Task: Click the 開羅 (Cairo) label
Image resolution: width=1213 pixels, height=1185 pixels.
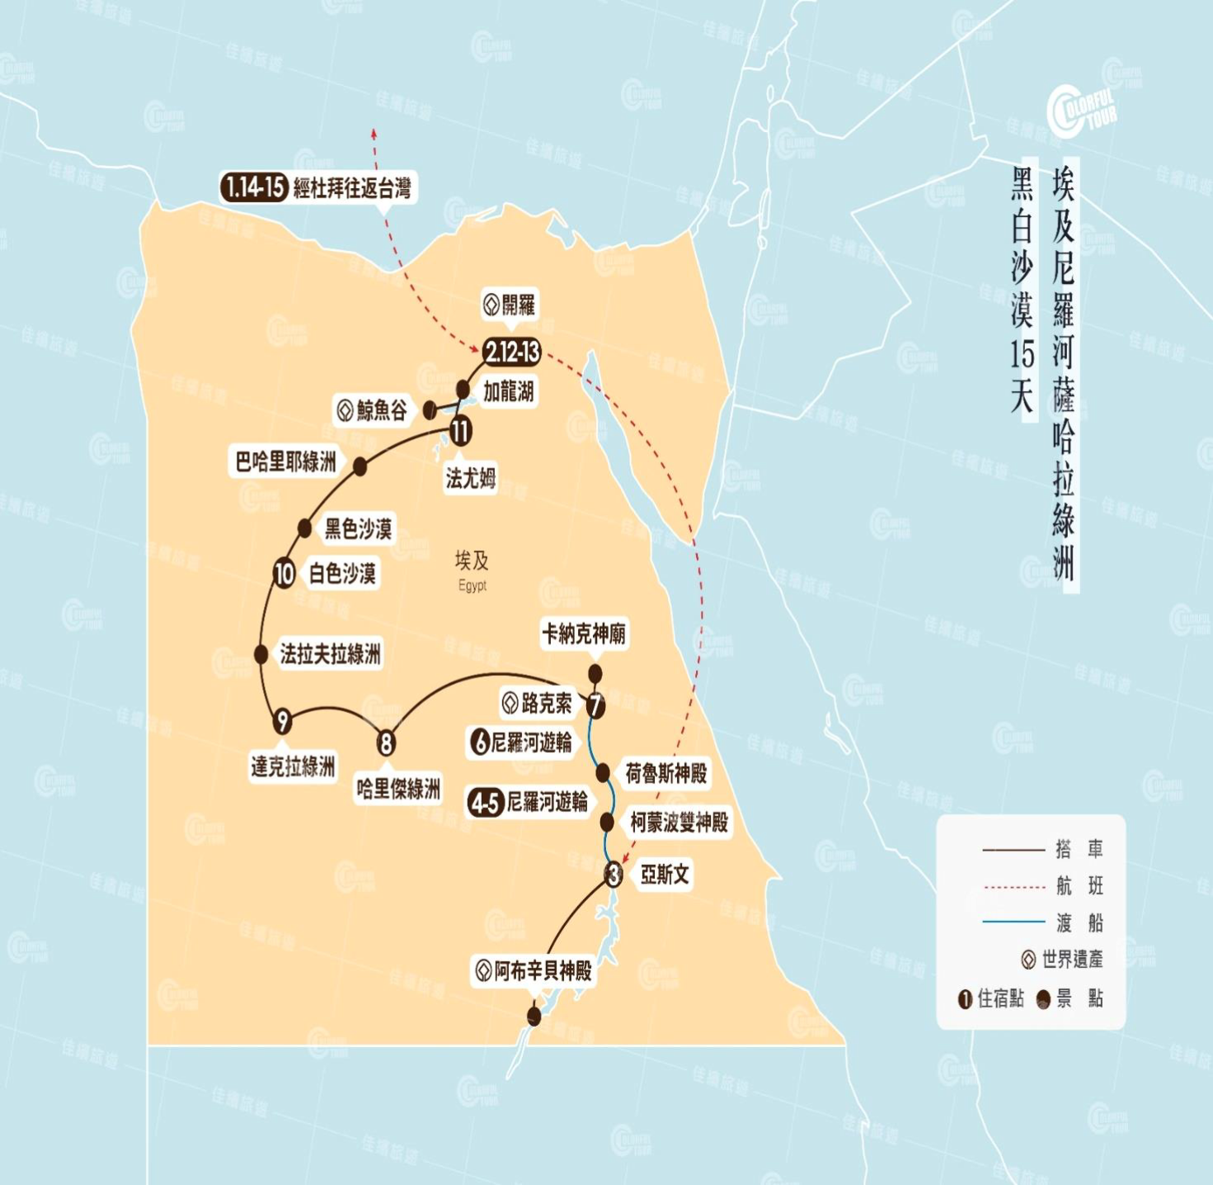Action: (510, 305)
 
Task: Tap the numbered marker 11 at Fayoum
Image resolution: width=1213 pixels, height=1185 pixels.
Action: (460, 430)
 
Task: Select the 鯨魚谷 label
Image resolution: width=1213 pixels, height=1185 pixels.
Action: (372, 410)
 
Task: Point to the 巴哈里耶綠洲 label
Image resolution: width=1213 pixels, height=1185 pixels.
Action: (285, 461)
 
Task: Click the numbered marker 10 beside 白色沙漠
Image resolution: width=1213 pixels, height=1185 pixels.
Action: (284, 574)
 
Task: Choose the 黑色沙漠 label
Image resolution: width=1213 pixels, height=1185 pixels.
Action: (358, 528)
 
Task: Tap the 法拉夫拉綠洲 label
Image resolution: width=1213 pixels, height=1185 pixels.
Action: (330, 654)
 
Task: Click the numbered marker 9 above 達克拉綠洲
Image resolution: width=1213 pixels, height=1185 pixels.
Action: (283, 721)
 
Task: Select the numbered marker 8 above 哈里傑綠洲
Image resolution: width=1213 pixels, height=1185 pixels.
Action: (386, 744)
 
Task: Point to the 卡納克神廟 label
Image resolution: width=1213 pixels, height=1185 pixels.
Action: (584, 634)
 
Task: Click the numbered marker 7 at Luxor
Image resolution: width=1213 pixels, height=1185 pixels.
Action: (595, 706)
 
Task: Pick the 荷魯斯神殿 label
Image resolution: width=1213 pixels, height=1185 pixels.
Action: (666, 773)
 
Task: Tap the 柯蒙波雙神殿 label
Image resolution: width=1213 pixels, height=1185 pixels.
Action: (679, 822)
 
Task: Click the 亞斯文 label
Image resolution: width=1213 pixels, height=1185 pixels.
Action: (665, 874)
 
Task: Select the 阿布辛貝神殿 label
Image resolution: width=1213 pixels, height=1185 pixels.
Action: (534, 970)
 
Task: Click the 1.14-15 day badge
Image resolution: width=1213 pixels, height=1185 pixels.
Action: (253, 187)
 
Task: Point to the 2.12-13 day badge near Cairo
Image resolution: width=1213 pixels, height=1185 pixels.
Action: (512, 352)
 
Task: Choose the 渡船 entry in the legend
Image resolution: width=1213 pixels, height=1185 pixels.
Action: (1079, 923)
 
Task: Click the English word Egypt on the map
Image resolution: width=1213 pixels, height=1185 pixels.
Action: (473, 585)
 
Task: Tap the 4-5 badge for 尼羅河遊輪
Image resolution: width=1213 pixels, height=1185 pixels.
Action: (485, 802)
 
